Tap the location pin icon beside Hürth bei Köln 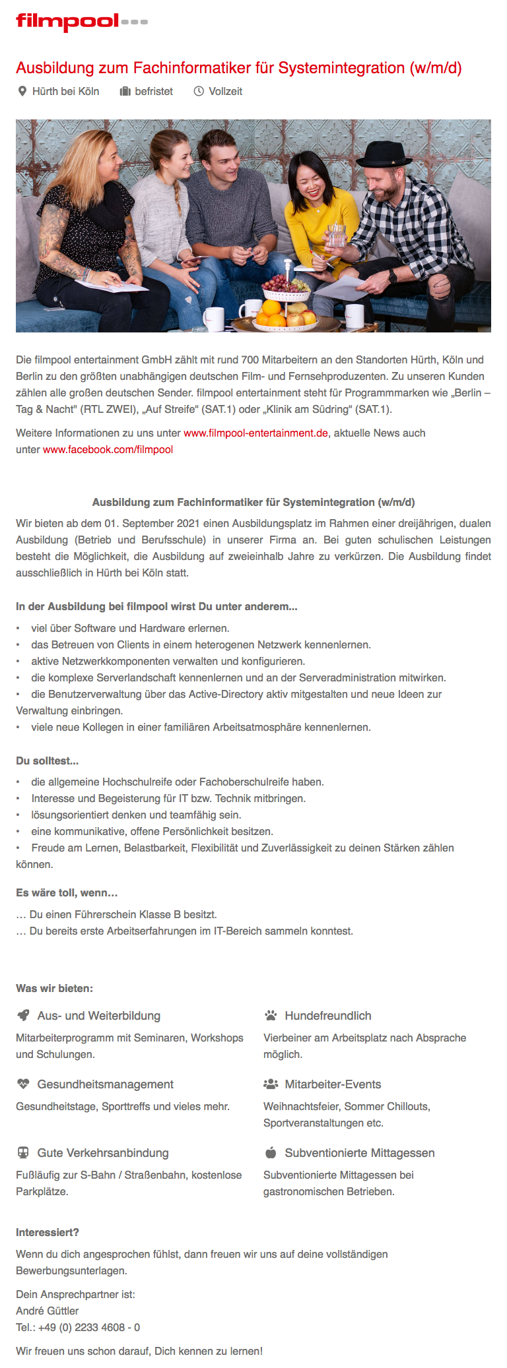click(22, 92)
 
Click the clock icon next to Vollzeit click(198, 92)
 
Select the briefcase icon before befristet click(125, 92)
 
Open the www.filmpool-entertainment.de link click(255, 433)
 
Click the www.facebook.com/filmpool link click(108, 450)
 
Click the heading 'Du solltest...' click(48, 761)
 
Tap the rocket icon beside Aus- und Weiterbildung click(24, 1016)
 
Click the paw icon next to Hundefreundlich click(271, 1016)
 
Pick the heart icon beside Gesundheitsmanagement click(24, 1084)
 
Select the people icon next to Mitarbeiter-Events click(271, 1084)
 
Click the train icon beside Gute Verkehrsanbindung click(24, 1153)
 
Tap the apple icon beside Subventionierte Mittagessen click(271, 1153)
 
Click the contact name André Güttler click(48, 1311)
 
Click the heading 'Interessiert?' click(48, 1233)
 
